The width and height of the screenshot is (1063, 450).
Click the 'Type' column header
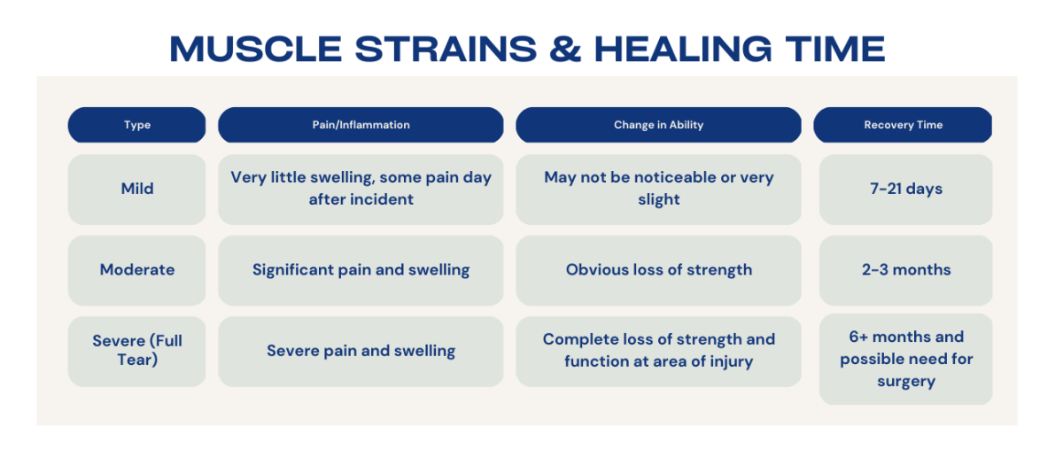pos(136,125)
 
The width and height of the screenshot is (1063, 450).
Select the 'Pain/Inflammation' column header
pos(361,125)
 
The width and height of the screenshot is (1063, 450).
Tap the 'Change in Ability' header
pos(659,125)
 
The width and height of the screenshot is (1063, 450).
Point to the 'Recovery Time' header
pos(903,125)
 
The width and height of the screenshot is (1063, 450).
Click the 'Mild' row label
pos(136,190)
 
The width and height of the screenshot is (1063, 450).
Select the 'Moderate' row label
pos(136,270)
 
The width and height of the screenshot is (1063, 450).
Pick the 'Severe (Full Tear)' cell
pos(136,352)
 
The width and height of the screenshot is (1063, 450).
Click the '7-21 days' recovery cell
pos(905,190)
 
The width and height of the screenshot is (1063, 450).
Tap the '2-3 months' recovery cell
pos(905,270)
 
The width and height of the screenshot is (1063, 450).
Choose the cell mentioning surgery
pos(905,359)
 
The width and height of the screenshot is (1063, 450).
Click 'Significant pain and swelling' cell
pos(361,270)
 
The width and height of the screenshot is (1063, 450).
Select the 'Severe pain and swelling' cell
pos(361,352)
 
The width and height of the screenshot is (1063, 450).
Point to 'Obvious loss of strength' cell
pos(659,270)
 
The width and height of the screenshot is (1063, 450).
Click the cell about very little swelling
pos(361,190)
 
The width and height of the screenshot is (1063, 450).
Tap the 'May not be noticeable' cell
pos(659,190)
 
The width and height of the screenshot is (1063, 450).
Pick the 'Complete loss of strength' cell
pos(659,352)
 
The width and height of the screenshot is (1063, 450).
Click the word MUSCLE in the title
pos(256,49)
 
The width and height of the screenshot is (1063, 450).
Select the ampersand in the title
pos(565,49)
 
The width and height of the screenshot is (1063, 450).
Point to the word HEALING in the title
pos(683,49)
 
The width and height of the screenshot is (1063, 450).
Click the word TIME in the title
pos(835,49)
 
